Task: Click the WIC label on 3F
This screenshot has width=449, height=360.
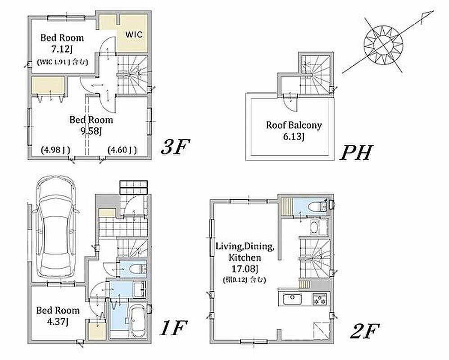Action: [134, 35]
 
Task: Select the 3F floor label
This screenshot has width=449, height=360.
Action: [175, 147]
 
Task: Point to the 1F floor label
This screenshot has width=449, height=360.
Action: [173, 328]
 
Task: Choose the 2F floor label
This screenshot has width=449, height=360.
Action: [365, 331]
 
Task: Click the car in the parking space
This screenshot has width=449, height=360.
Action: [56, 226]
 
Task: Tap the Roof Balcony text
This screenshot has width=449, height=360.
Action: [294, 126]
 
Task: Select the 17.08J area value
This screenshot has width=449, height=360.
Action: [245, 269]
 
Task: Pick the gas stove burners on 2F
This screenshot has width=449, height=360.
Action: [320, 299]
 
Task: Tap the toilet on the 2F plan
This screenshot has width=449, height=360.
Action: [318, 206]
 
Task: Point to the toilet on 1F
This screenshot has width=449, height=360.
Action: [138, 269]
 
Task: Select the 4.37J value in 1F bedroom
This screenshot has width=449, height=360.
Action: [58, 322]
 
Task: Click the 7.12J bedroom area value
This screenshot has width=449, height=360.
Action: [62, 49]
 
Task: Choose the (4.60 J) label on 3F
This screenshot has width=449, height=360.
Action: [122, 150]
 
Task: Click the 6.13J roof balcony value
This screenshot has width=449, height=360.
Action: [294, 137]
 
